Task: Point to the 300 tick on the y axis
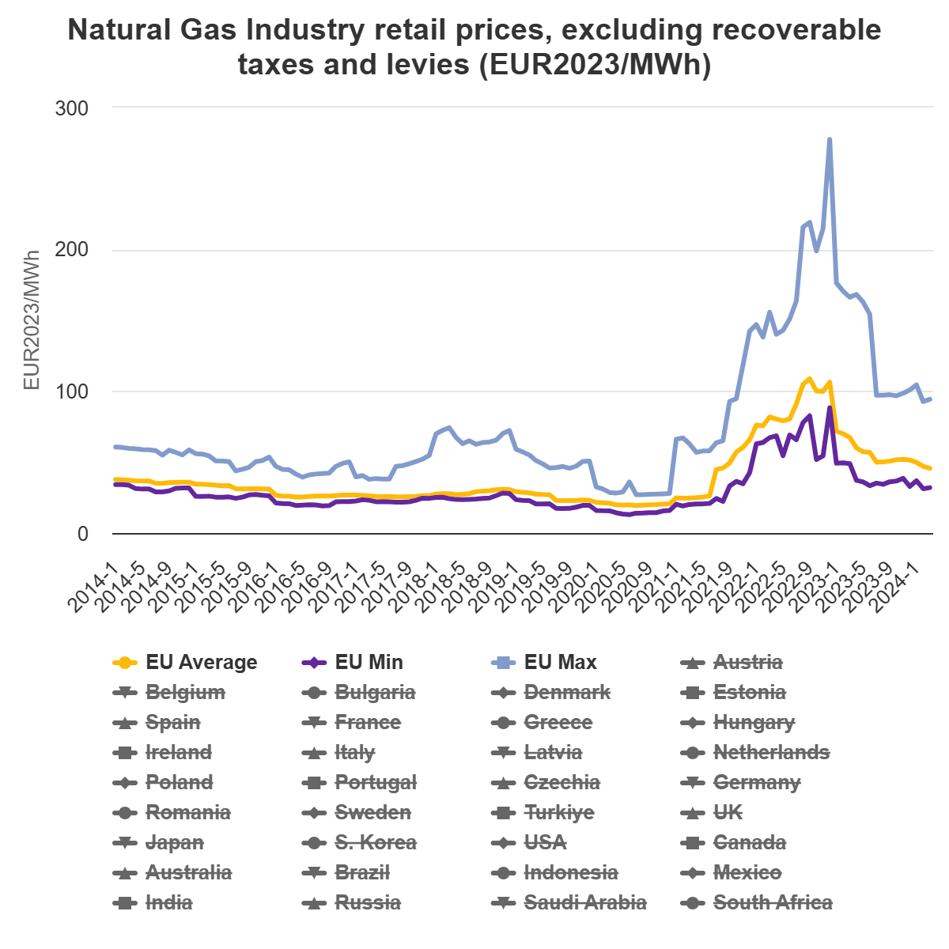coord(71,108)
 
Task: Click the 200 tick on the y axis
coord(71,250)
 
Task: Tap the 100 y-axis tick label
coord(71,392)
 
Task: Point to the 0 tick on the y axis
coord(83,535)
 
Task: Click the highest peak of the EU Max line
coord(829,140)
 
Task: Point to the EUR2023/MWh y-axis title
coord(32,320)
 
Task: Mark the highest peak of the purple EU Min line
coord(830,408)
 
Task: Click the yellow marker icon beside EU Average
coord(123,663)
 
